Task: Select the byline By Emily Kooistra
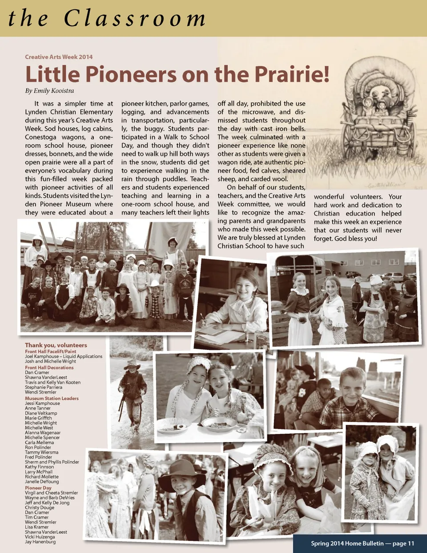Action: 49,91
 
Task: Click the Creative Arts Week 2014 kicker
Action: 59,57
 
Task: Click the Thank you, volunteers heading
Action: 56,345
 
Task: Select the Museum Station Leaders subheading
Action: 52,398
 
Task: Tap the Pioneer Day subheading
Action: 38,488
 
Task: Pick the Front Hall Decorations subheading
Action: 49,368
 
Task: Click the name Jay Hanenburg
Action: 40,542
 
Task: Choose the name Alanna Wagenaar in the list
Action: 43,433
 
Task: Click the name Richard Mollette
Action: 42,477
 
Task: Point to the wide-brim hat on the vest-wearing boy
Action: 182,471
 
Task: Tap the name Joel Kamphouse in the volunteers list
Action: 42,357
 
